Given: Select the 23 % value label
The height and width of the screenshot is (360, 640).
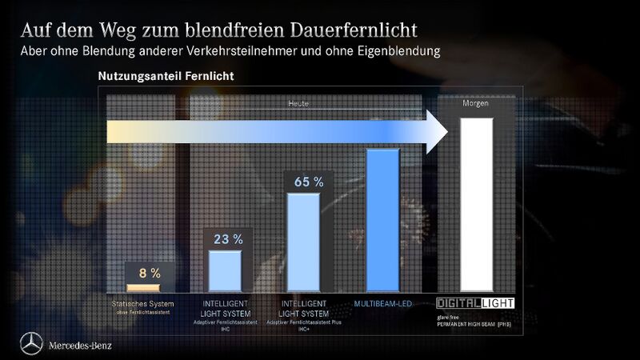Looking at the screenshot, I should coord(228,238).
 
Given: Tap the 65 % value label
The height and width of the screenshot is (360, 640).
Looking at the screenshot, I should coord(308,182).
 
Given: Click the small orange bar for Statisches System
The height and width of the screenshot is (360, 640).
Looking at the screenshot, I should coord(144,287).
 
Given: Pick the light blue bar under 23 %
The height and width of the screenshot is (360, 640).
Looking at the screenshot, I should coord(225,271).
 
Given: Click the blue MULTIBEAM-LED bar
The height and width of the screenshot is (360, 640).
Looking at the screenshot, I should coord(382,220).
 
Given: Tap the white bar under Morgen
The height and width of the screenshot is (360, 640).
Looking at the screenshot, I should coord(477,204).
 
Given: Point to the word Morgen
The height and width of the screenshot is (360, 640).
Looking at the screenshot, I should coord(476,104).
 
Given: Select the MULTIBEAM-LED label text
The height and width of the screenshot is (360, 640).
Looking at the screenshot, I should coord(383,304).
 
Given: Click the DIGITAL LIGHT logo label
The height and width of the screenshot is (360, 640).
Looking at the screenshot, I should coord(475,303).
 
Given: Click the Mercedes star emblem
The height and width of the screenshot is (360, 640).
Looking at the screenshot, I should coord(31,344).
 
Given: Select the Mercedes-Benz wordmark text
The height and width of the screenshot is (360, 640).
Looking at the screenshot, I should coord(80,346).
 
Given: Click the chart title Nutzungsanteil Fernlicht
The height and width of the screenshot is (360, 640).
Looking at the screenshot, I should coord(166,76).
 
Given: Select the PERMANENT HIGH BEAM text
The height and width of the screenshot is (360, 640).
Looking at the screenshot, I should coord(477,326).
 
